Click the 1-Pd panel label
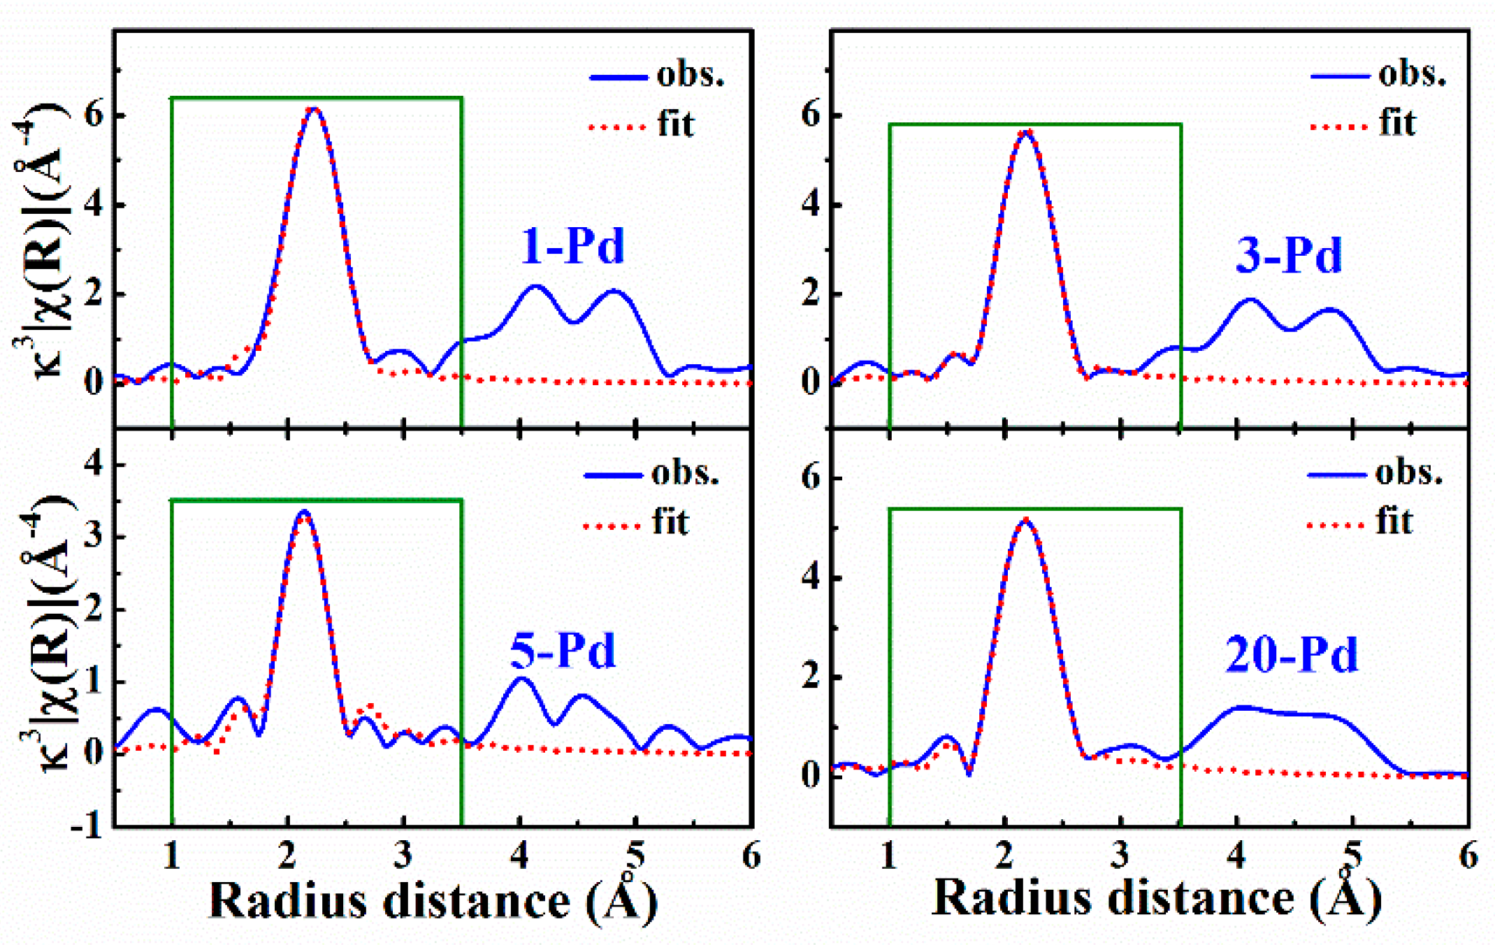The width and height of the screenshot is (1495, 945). point(572,247)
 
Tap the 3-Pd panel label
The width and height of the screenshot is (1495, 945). point(1288,256)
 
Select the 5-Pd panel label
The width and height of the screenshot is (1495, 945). point(563,651)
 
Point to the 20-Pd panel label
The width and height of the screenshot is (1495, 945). point(1291,656)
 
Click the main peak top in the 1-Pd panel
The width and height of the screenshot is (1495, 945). point(315,109)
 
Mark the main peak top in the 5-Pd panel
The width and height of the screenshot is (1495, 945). point(304,512)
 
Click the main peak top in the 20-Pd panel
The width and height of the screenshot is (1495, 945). point(1025,520)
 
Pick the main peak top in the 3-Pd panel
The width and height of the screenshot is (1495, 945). point(1027,131)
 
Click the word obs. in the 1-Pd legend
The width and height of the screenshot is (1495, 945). point(690,75)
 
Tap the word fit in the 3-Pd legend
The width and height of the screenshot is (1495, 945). point(1396,124)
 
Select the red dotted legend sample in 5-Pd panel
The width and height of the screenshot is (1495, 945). point(612,526)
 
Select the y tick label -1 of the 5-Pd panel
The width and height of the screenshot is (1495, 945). point(87,827)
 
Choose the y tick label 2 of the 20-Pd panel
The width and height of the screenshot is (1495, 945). point(810,677)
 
